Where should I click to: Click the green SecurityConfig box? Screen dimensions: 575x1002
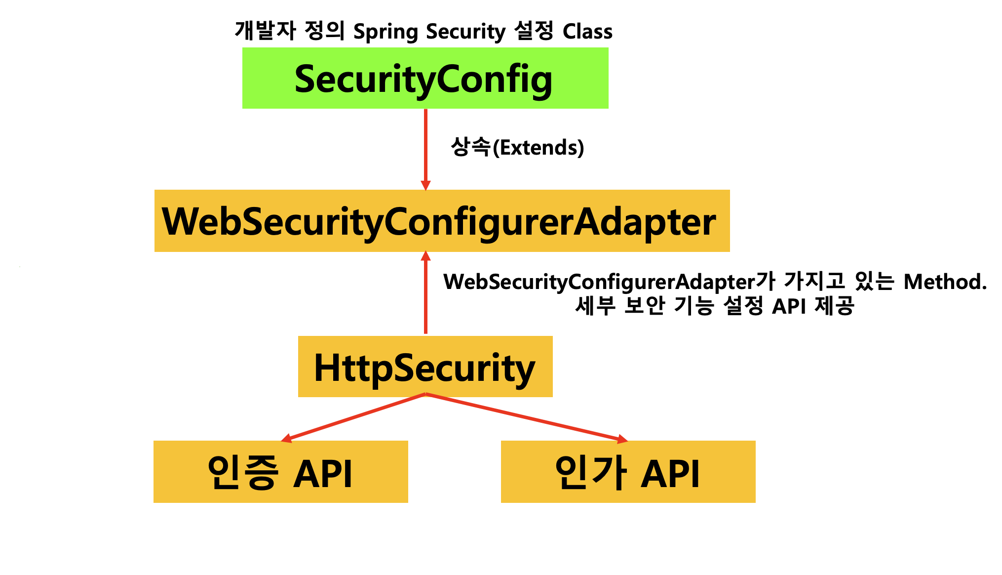tap(425, 78)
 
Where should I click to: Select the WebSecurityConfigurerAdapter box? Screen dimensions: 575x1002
tap(442, 221)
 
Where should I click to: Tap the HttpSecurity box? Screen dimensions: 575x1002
tap(425, 367)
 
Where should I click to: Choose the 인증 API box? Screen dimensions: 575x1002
tap(280, 472)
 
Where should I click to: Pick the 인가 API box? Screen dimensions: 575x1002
tap(628, 472)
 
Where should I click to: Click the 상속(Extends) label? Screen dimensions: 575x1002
tap(517, 147)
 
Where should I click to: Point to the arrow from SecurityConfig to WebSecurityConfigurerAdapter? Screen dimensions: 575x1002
tap(425, 148)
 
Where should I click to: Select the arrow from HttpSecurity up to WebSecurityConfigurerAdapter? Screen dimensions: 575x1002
tap(425, 294)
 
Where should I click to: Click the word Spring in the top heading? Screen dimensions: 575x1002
tap(386, 32)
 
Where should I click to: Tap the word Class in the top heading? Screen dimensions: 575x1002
tap(587, 32)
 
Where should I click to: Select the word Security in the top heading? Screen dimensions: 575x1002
tap(466, 32)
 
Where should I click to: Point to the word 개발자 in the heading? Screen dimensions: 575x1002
tap(265, 31)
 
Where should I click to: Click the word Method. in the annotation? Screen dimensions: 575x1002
tap(945, 282)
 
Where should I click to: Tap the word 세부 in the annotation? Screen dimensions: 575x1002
tap(595, 306)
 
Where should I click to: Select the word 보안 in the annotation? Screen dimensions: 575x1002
tap(645, 306)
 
